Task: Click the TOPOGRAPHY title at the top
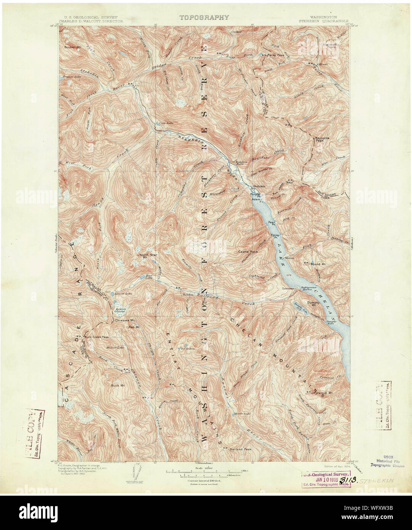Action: (204, 17)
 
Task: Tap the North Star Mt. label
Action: (145, 256)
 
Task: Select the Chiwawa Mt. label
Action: (123, 321)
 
